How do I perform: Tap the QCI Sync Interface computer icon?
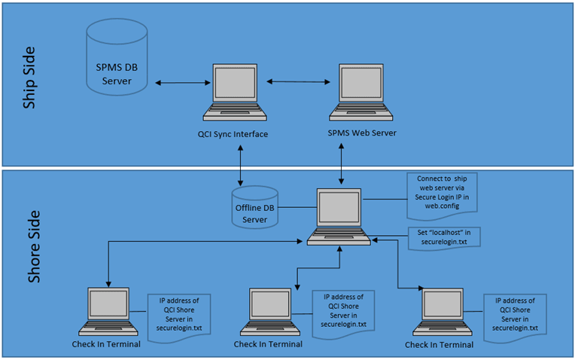click(235, 93)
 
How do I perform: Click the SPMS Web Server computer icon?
click(362, 93)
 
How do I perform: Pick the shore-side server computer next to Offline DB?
click(339, 217)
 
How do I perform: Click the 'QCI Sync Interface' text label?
click(235, 134)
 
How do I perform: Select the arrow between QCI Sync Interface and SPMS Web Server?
click(298, 81)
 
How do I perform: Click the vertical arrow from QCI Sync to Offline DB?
click(240, 165)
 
